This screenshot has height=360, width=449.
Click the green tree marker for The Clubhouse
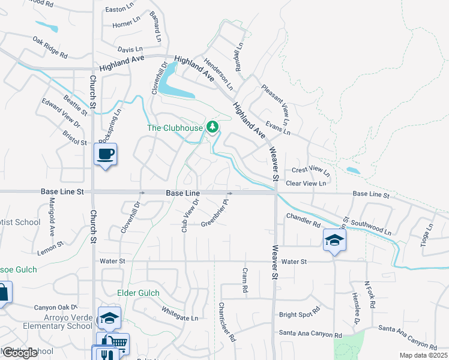tap(211, 127)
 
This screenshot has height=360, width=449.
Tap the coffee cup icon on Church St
tap(105, 155)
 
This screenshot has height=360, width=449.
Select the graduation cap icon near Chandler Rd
tap(334, 240)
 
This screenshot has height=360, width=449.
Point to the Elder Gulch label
tap(138, 293)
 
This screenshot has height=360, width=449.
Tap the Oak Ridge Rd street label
tap(50, 47)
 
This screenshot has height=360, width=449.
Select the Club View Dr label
tap(190, 215)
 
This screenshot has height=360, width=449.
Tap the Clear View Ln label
tap(307, 183)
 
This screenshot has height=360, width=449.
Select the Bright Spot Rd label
tap(300, 314)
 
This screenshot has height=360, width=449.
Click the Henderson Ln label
tap(217, 75)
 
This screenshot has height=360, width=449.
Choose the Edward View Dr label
tap(61, 112)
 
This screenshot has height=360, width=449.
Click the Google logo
tap(20, 353)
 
